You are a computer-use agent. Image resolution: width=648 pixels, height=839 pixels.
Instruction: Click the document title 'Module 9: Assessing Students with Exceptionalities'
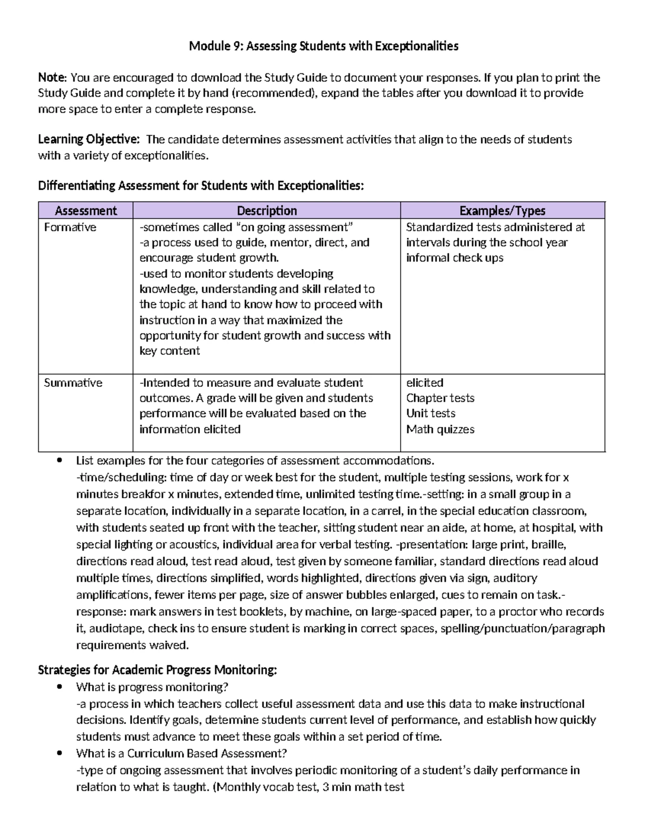[x=323, y=46]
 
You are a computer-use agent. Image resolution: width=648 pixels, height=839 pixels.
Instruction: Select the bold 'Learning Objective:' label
[x=89, y=139]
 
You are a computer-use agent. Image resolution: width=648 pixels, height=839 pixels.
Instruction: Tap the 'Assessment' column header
[x=86, y=211]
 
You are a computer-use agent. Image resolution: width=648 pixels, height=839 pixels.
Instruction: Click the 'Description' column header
[x=267, y=211]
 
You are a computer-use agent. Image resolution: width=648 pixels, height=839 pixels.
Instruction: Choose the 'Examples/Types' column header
[x=502, y=211]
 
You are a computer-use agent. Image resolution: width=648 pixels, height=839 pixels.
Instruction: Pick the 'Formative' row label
[x=70, y=227]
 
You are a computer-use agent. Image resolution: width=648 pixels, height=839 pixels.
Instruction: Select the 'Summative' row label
[x=73, y=383]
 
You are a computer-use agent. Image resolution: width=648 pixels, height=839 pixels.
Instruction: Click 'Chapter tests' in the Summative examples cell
[x=440, y=398]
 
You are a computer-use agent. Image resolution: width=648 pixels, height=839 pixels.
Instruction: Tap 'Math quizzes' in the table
[x=440, y=429]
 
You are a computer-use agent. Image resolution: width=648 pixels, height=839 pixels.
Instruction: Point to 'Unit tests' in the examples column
[x=430, y=413]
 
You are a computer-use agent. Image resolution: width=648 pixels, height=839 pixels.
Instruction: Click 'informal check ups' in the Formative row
[x=455, y=258]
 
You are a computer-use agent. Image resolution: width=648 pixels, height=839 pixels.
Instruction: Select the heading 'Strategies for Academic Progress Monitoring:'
[x=157, y=670]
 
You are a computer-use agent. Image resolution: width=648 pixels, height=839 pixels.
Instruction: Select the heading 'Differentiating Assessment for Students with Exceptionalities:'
[x=201, y=186]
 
